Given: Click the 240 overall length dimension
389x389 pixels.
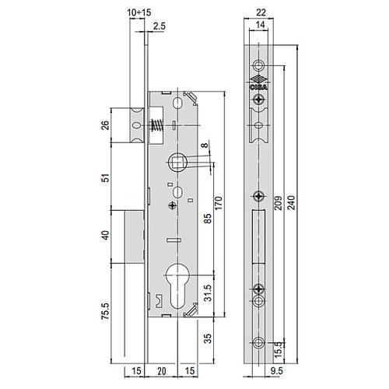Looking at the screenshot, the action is coord(291,202).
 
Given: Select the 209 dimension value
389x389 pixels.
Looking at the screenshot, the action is coord(278,202).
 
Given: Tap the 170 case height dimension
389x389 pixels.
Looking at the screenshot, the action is coord(219,203).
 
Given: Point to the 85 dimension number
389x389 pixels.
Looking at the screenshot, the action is coord(208,219).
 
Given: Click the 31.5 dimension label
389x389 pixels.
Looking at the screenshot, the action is coord(208,293).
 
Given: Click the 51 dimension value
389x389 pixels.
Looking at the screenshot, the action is coord(106,178).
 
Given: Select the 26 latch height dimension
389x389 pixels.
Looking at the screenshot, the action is coord(106,125).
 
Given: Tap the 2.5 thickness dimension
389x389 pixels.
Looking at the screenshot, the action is coord(159,26).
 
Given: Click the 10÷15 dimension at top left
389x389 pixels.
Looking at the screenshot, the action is coord(139,12).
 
